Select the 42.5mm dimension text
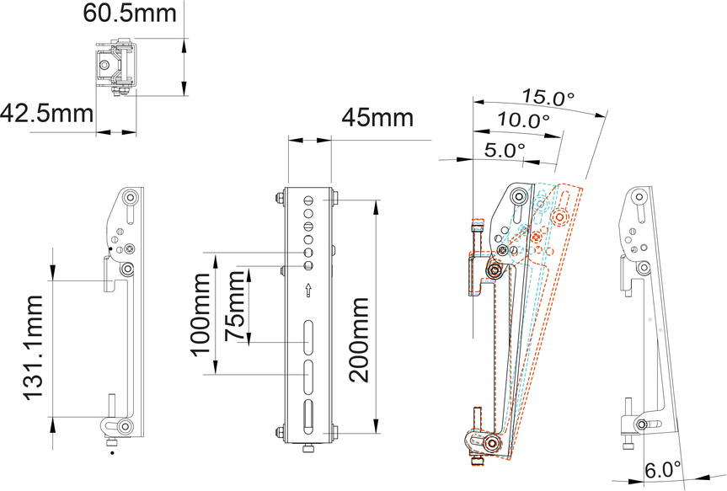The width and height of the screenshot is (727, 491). [47, 112]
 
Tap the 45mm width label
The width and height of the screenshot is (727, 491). [377, 119]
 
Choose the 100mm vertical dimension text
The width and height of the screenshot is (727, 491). [202, 313]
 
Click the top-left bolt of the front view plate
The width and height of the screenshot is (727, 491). [279, 200]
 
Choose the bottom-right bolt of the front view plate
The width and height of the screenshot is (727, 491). [338, 434]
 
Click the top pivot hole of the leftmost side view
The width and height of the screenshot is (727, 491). [130, 199]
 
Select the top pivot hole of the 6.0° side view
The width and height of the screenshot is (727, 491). [639, 199]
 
